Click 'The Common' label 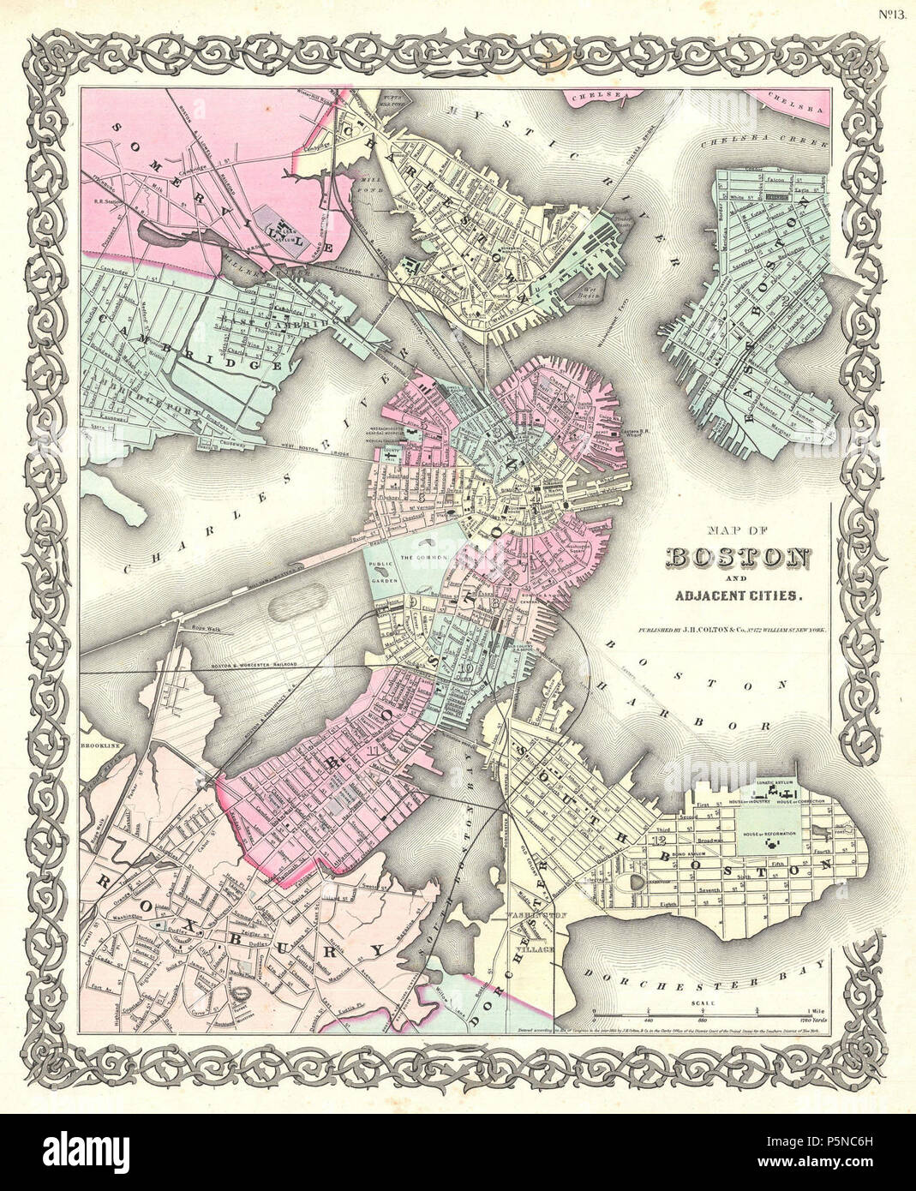click(419, 559)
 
